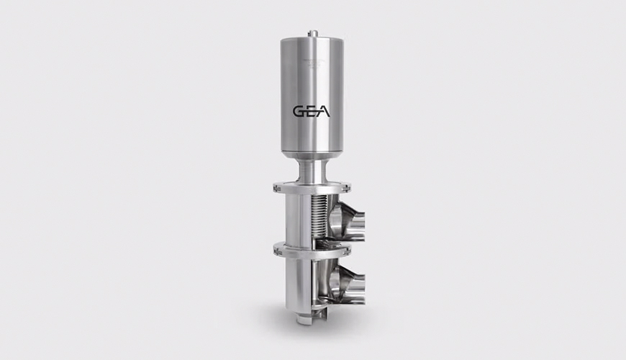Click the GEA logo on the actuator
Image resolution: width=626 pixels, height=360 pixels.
pos(312,112)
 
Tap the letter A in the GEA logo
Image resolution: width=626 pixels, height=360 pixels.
pos(325,112)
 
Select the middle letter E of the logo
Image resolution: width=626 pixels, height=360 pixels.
pos(312,112)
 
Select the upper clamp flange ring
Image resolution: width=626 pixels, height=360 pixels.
pos(312,189)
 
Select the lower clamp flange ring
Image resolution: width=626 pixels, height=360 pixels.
pos(312,249)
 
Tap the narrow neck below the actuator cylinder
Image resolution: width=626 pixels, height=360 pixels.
pos(312,171)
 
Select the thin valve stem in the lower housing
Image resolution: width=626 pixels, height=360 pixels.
pos(317,288)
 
